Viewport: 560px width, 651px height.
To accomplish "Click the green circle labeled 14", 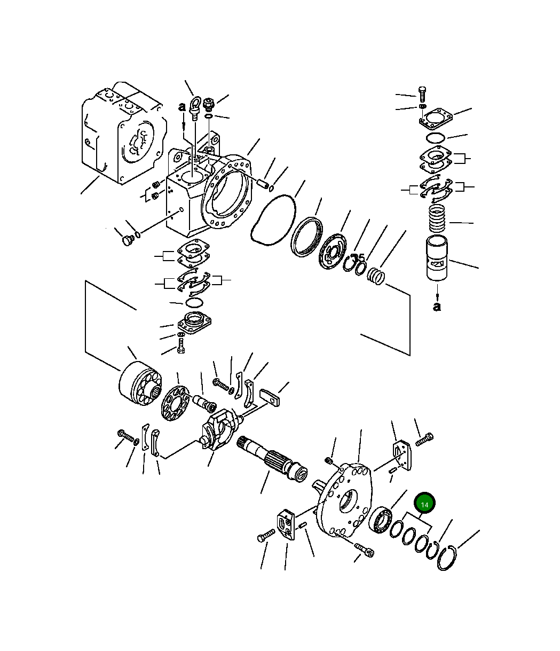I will [425, 504].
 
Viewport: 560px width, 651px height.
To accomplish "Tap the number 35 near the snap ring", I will [358, 257].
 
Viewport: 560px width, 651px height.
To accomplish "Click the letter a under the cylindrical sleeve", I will [437, 307].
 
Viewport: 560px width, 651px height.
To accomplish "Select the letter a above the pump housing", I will [182, 107].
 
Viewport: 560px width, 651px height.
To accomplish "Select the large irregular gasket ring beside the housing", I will [273, 221].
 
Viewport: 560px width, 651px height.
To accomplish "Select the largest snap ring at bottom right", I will [447, 558].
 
